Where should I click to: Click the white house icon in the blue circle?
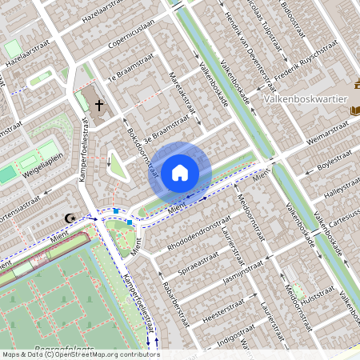point(180,172)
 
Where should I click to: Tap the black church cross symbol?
point(99,105)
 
